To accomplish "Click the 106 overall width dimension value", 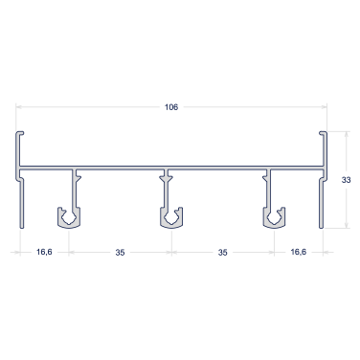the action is point(171,107).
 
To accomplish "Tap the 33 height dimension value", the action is point(346,180).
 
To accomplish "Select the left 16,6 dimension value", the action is point(44,252).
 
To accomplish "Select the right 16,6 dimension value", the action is point(299,252).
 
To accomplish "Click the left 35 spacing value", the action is point(120,253).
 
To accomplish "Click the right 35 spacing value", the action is point(222,253).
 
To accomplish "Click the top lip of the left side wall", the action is point(21,133).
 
